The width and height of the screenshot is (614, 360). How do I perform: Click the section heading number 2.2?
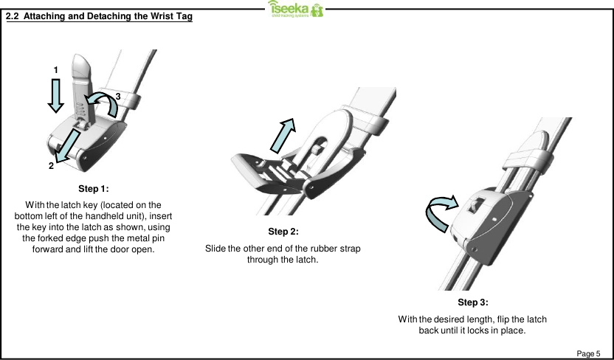13,16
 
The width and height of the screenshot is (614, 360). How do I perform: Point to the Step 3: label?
472,302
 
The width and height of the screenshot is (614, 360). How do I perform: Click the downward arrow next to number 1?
55,96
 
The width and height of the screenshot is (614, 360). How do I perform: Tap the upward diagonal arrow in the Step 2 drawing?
285,137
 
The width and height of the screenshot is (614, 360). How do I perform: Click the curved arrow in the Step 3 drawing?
442,210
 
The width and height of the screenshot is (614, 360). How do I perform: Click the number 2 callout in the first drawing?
51,166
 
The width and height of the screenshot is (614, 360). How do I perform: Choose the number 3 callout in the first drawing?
117,97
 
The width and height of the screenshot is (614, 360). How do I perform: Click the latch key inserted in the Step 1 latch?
81,85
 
